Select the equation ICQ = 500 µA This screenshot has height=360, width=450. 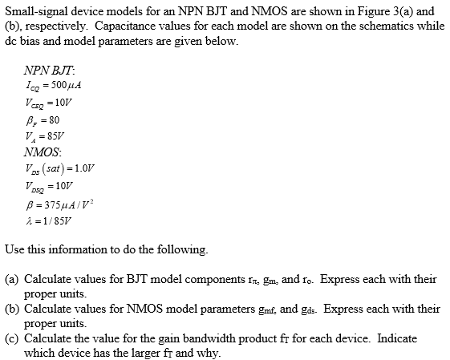coord(55,84)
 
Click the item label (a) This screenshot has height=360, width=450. coord(12,279)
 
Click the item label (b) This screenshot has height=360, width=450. coord(12,308)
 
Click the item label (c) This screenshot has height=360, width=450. coord(12,337)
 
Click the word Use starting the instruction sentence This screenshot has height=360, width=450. coord(14,250)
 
